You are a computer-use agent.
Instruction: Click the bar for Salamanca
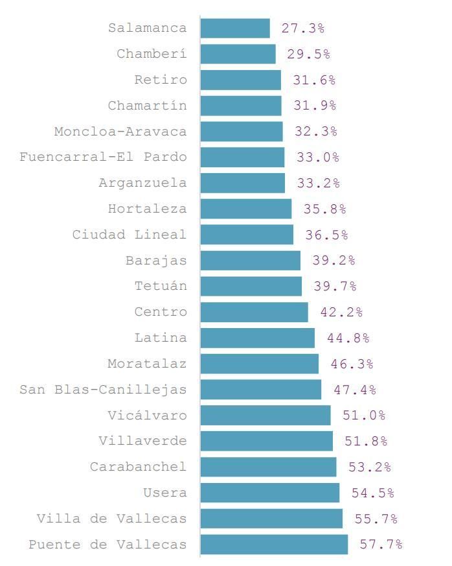[x=235, y=28]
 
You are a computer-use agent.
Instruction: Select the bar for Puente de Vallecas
[x=274, y=544]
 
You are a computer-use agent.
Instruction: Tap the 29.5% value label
[x=308, y=54]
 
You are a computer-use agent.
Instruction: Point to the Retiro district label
[x=161, y=80]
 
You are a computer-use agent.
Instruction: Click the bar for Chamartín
[x=241, y=105]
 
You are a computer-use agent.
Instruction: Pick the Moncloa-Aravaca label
[x=120, y=131]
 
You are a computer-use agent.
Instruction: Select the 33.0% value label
[x=318, y=157]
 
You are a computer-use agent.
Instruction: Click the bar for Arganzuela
[x=242, y=183]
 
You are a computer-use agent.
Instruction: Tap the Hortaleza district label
[x=147, y=209]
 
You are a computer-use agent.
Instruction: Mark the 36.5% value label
[x=326, y=235]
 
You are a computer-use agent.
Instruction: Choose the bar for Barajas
[x=250, y=260]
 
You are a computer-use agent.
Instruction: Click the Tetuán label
[x=161, y=286]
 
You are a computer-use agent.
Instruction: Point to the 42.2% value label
[x=341, y=312]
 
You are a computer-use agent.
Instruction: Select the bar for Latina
[x=257, y=338]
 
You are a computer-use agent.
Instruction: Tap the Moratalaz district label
[x=147, y=364]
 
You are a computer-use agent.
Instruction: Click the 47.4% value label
[x=355, y=390]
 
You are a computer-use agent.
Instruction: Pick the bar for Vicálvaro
[x=266, y=415]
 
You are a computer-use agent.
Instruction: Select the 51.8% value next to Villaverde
[x=366, y=441]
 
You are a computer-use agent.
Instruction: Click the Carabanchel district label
[x=138, y=467]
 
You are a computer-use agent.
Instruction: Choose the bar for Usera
[x=269, y=493]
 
